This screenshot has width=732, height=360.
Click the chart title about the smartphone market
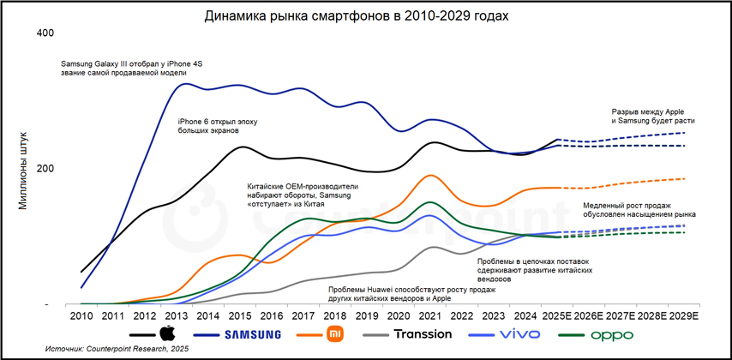point(363,16)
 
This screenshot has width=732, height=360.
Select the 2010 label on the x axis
point(81,316)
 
